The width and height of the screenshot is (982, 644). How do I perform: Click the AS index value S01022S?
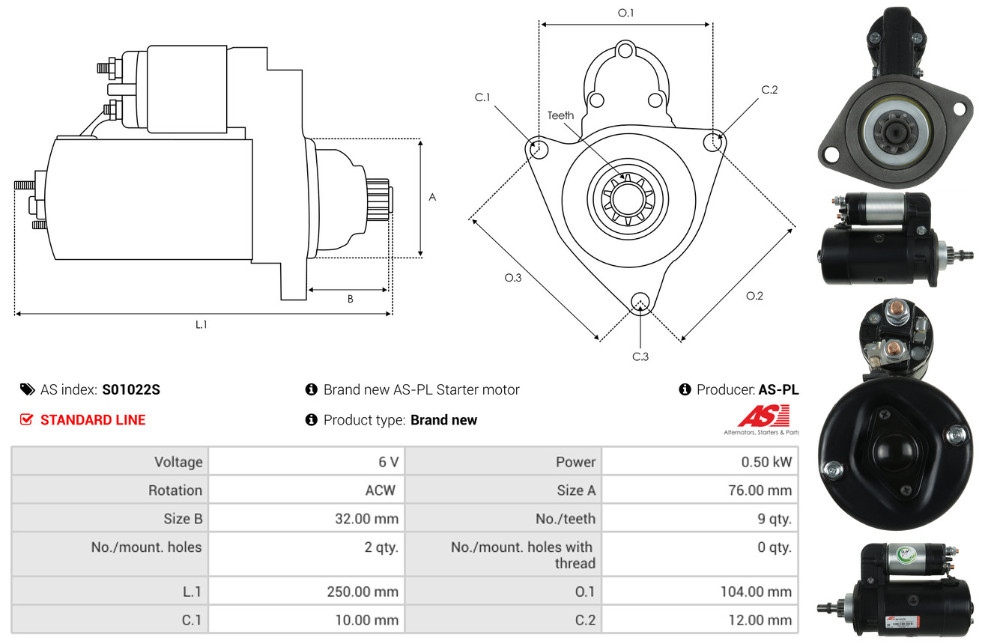(x=131, y=389)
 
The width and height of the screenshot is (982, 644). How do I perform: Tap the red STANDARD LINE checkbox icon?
(x=26, y=419)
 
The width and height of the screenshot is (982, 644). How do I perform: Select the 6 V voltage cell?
(x=389, y=462)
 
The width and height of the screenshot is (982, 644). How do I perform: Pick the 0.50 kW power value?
(x=766, y=462)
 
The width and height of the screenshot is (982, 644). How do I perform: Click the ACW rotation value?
(x=381, y=490)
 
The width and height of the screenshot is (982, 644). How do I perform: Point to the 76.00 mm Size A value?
(x=760, y=490)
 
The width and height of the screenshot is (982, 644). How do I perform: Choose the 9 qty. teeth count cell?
(x=775, y=519)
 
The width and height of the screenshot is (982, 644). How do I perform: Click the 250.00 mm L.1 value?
(x=363, y=592)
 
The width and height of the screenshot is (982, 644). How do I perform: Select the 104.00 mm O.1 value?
(x=756, y=592)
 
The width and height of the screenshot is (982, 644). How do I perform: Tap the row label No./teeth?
(x=566, y=519)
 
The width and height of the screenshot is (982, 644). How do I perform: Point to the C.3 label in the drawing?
(x=640, y=357)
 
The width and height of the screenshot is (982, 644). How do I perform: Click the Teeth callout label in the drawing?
(x=560, y=115)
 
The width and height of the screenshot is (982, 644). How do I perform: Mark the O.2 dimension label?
(x=754, y=296)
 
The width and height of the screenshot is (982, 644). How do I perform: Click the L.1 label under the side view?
(x=201, y=325)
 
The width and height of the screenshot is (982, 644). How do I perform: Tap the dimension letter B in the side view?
(x=351, y=299)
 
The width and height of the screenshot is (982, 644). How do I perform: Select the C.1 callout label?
(x=482, y=97)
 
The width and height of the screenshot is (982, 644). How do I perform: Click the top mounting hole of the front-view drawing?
(x=625, y=51)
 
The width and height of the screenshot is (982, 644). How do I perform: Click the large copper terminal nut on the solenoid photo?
(x=897, y=312)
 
